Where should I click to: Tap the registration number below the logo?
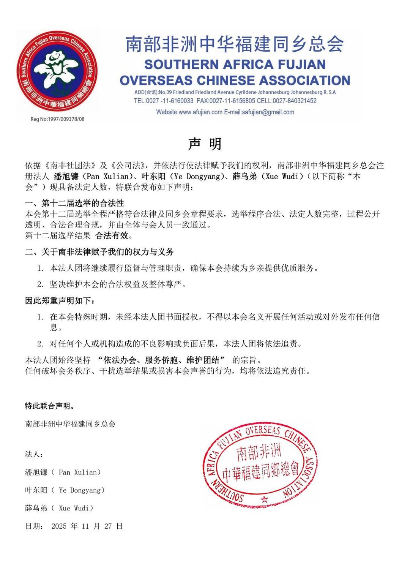point(57,119)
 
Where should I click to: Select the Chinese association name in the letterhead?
point(234,44)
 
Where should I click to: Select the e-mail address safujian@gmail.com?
point(268,112)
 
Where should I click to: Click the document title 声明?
point(205,144)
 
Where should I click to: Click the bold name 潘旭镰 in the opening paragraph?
point(66,176)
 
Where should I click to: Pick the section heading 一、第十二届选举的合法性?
point(74,203)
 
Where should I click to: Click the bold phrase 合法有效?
point(112,235)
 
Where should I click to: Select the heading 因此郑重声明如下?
point(60,301)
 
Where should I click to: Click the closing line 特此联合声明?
point(50,406)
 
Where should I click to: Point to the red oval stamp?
point(260,464)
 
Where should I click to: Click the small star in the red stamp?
point(265,499)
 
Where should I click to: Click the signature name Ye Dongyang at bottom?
point(65,490)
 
